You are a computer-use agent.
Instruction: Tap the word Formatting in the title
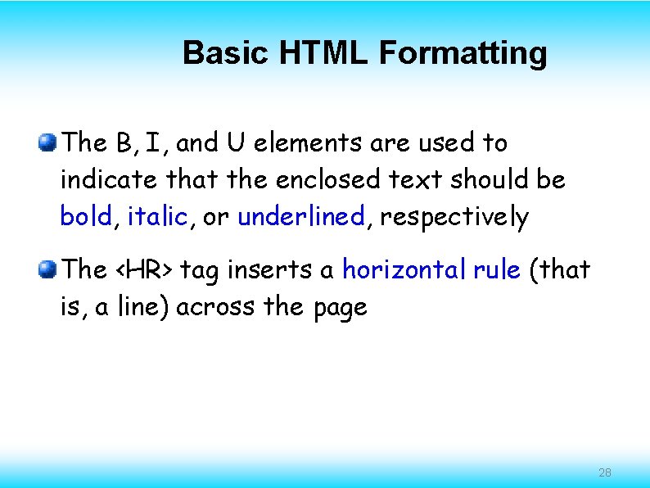pos(463,53)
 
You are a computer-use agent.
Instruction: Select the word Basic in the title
pos(227,53)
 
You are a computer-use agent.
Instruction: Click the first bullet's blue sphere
pos(48,143)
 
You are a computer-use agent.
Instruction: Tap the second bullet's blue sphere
pos(48,269)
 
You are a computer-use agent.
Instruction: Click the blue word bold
pos(86,217)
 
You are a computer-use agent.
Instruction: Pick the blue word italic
pos(157,217)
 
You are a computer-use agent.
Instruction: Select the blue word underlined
pos(300,217)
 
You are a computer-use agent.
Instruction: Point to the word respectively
pos(454,218)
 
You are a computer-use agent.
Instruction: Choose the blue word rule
pos(496,269)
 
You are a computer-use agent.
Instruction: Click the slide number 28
pos(605,472)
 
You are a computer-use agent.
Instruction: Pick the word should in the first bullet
pos(484,179)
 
